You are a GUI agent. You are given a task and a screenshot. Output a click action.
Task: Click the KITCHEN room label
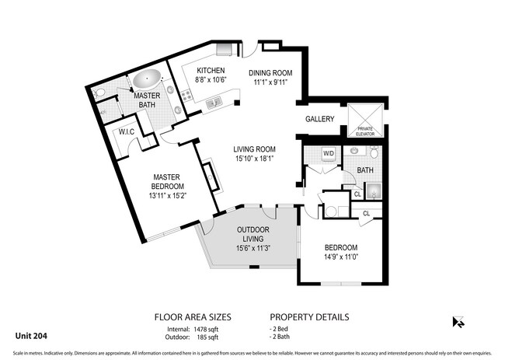pyautogui.click(x=189, y=70)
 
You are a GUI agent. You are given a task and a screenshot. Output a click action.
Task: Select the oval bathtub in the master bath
pyautogui.click(x=146, y=79)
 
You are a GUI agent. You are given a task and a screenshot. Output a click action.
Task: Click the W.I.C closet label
pyautogui.click(x=127, y=132)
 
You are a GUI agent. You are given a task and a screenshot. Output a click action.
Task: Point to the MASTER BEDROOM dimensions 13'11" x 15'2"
pyautogui.click(x=168, y=196)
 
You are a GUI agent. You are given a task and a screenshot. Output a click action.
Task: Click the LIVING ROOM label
pyautogui.click(x=256, y=149)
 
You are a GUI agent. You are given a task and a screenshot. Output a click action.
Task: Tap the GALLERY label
pyautogui.click(x=319, y=119)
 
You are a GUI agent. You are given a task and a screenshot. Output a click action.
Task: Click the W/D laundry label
pyautogui.click(x=328, y=153)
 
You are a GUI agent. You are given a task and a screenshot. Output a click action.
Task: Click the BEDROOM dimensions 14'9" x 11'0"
pyautogui.click(x=341, y=257)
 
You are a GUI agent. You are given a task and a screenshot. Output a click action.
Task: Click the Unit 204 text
pyautogui.click(x=30, y=336)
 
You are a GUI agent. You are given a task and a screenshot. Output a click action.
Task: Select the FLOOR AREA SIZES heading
pyautogui.click(x=193, y=317)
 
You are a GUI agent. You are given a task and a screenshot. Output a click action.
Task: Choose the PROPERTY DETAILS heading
pyautogui.click(x=309, y=317)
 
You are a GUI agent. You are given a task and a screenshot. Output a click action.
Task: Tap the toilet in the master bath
pyautogui.click(x=99, y=93)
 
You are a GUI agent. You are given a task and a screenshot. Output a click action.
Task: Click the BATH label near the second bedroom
pyautogui.click(x=364, y=170)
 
